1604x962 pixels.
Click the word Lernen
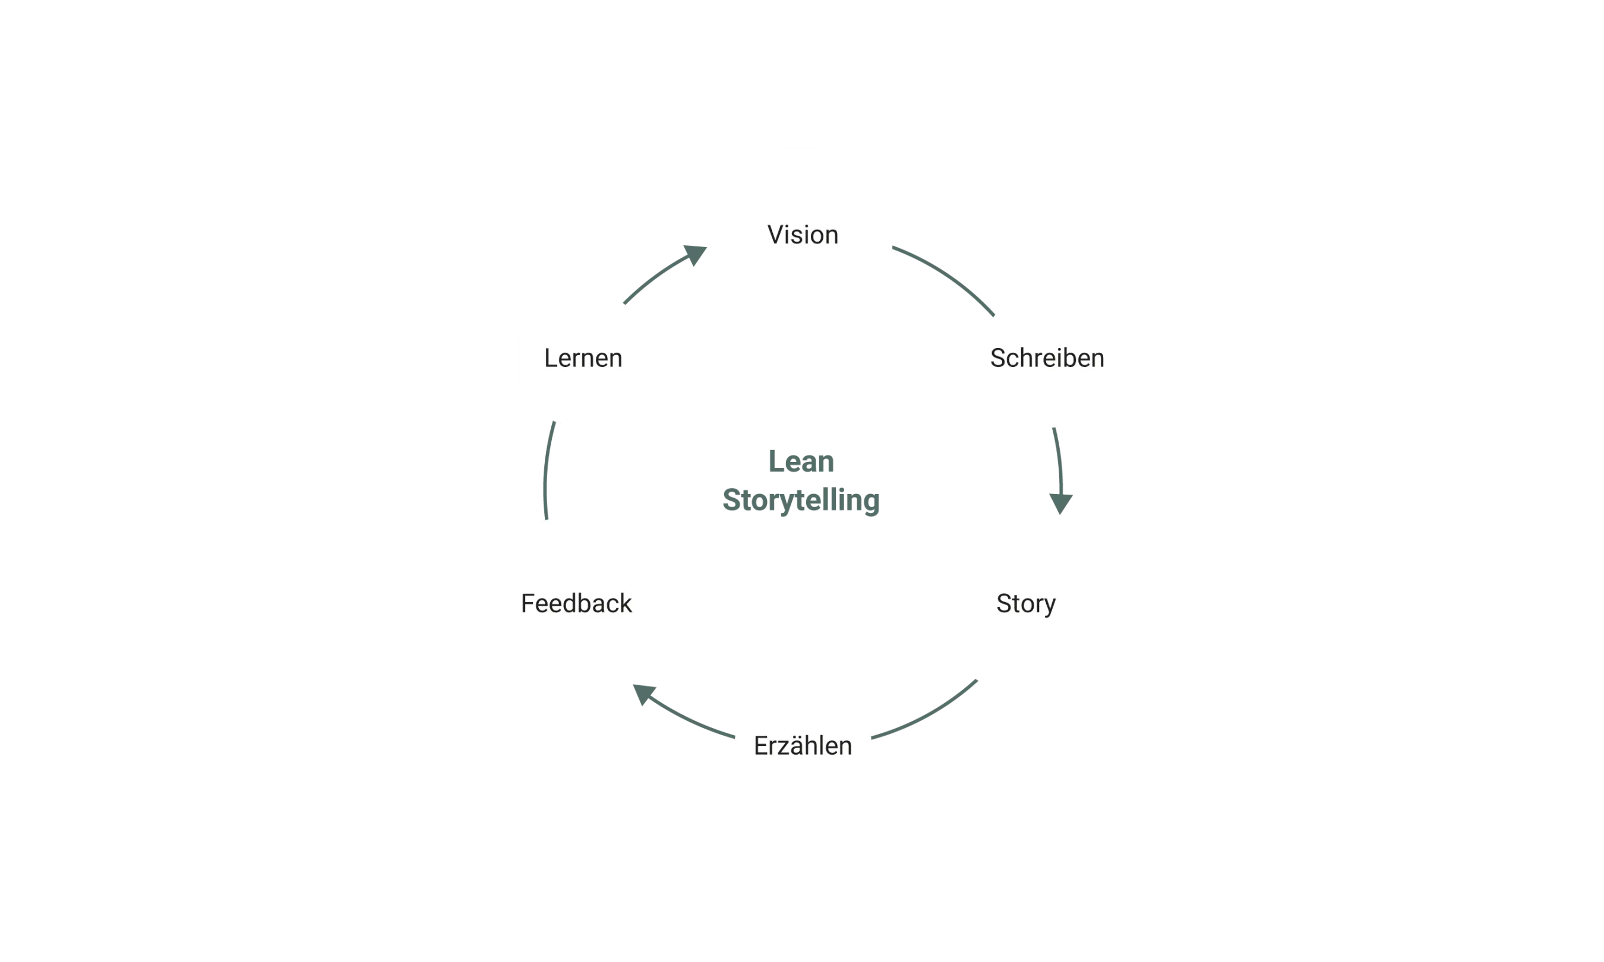pos(583,359)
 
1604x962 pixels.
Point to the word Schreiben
pos(1046,359)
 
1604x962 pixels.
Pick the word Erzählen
pos(803,746)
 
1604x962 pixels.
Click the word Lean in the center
pos(800,461)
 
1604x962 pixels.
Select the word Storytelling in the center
pos(800,500)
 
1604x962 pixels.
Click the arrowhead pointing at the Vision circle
pos(695,253)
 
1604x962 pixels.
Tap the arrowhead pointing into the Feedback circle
pos(645,695)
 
